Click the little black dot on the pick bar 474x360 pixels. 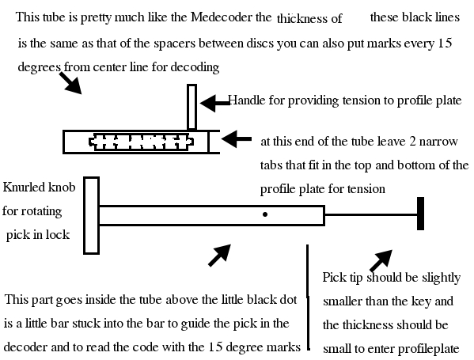point(265,214)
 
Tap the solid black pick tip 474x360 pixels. point(420,214)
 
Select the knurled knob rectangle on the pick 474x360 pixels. point(91,215)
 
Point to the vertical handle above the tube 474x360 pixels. point(192,107)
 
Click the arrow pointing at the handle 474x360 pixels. point(215,103)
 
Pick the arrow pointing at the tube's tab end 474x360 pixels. point(237,139)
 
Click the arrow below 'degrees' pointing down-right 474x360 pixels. point(70,83)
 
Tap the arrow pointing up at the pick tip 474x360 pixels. point(381,260)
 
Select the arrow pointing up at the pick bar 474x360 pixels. point(220,256)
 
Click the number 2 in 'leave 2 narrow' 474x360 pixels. point(412,141)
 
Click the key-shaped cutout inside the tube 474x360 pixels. point(141,142)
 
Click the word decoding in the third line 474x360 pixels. point(195,66)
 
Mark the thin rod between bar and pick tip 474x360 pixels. point(371,214)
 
